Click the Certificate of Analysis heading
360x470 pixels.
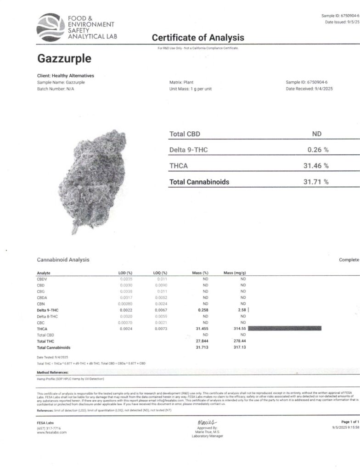click(198, 38)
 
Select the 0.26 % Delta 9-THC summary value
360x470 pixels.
click(317, 150)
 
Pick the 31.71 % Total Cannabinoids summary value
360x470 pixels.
click(316, 182)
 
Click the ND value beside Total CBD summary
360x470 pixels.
click(317, 134)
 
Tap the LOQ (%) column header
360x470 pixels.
click(160, 273)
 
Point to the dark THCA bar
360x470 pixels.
click(284, 328)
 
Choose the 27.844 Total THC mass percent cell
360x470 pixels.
click(202, 341)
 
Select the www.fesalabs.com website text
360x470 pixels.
click(51, 432)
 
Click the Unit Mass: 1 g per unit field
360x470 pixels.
click(190, 89)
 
